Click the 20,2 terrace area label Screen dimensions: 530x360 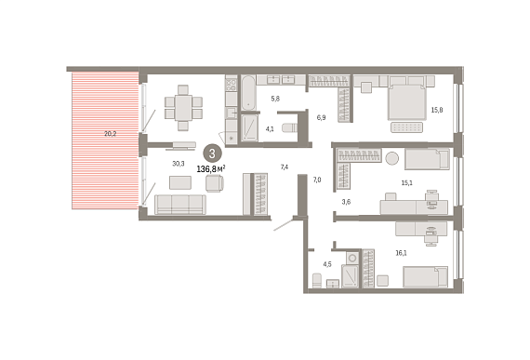(111, 134)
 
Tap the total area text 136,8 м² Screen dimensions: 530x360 (211, 168)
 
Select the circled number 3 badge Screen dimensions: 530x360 (212, 153)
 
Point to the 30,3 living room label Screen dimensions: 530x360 (179, 164)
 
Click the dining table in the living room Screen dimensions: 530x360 (183, 107)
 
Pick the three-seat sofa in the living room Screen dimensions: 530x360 (180, 205)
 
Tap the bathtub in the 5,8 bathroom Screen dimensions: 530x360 (248, 93)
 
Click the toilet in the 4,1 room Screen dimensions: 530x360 (290, 128)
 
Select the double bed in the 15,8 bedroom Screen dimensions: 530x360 (406, 102)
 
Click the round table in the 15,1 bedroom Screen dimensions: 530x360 (392, 158)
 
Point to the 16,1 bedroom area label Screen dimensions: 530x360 (401, 253)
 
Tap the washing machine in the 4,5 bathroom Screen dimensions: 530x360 (352, 258)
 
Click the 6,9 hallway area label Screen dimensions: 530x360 (321, 117)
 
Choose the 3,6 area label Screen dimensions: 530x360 (346, 202)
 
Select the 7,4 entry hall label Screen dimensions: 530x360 (285, 167)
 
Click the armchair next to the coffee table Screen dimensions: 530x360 (215, 183)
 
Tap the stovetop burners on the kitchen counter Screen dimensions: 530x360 (232, 84)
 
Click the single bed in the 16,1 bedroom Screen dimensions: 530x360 (426, 277)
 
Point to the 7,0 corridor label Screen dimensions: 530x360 (317, 180)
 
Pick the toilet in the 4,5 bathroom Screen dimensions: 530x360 (317, 281)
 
